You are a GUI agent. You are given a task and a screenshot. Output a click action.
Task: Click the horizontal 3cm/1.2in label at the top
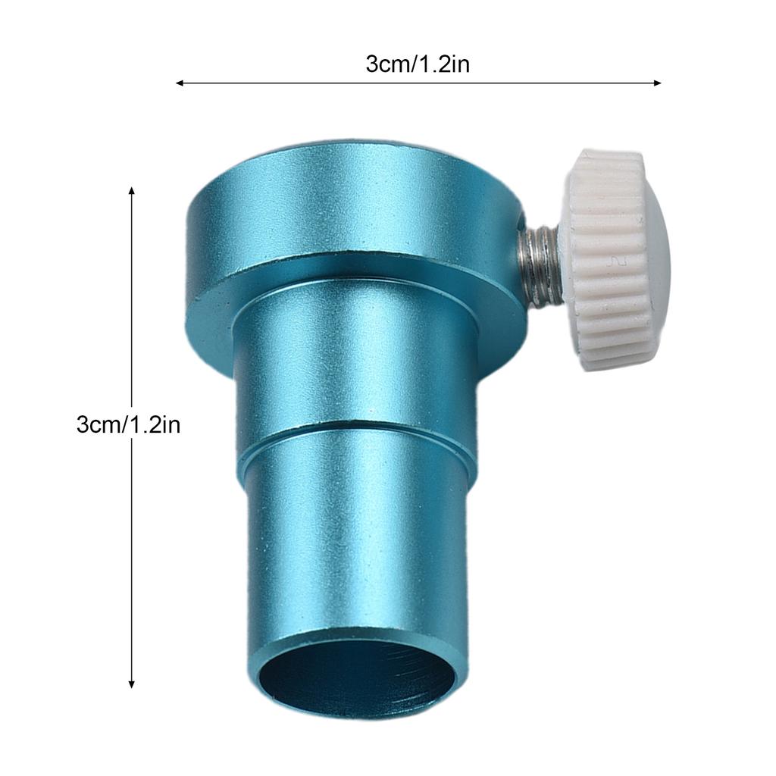[x=418, y=64]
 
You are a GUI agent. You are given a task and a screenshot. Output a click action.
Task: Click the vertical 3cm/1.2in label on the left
[x=128, y=424]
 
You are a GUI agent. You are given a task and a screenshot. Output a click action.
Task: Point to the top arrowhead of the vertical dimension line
[x=132, y=190]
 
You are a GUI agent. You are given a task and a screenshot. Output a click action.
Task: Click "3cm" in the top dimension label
[x=387, y=64]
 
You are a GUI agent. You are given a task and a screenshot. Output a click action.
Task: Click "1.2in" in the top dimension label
[x=443, y=64]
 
